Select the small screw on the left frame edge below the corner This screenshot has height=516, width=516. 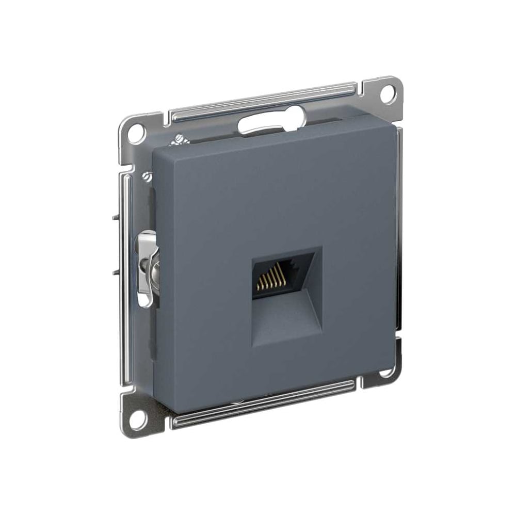point(148,177)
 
